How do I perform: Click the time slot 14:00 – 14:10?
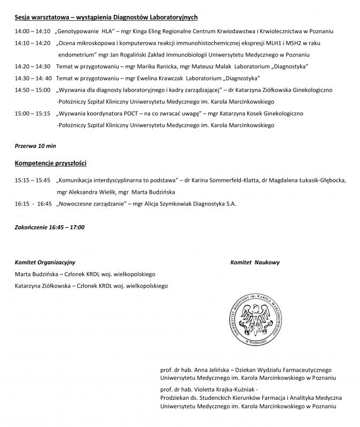(x=33, y=31)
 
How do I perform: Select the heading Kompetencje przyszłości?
(x=51, y=163)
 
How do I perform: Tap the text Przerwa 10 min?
(x=35, y=145)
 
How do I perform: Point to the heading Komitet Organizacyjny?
(x=45, y=262)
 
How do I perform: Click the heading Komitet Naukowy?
(x=255, y=262)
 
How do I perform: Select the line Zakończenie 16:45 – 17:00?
(x=50, y=227)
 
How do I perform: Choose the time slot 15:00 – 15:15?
(x=33, y=113)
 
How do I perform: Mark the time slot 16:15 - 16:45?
(x=33, y=203)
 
